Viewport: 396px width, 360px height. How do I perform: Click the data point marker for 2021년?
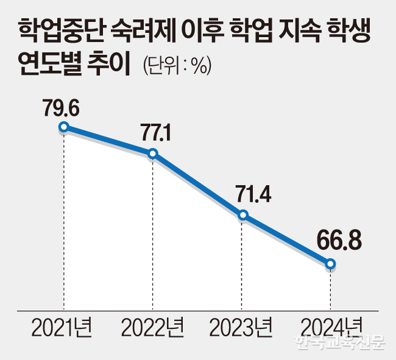(x=63, y=127)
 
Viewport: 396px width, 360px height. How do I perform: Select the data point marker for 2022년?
(x=153, y=153)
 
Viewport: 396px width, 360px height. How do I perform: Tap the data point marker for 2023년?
(x=242, y=214)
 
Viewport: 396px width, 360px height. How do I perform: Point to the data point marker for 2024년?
(x=331, y=264)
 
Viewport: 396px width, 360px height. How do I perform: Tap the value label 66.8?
(x=340, y=242)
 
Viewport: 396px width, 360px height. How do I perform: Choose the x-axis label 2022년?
(x=152, y=329)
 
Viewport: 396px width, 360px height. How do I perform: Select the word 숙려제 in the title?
(x=142, y=30)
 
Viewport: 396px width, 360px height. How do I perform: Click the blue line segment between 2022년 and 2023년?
(x=198, y=184)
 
